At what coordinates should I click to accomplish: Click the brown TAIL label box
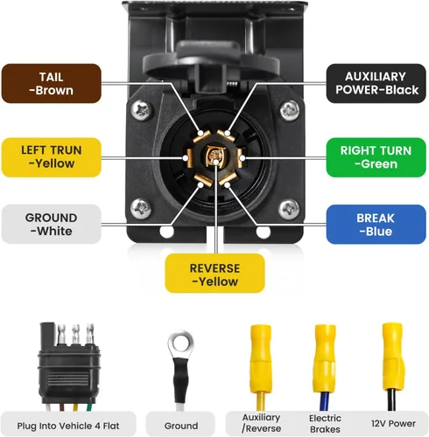[52, 84]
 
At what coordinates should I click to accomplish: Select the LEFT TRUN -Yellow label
[52, 157]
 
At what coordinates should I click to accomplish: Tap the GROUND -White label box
[52, 225]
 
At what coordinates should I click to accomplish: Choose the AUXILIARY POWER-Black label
[376, 83]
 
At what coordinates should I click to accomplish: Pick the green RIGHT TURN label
[376, 157]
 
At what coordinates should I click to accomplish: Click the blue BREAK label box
[376, 225]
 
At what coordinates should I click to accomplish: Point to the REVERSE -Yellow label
[214, 274]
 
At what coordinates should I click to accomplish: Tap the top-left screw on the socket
[142, 110]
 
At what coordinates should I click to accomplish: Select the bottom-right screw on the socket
[289, 209]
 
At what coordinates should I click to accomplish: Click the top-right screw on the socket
[290, 110]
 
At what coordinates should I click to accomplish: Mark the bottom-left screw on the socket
[141, 209]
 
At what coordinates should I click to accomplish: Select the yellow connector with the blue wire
[325, 367]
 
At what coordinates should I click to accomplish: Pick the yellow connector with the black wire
[393, 366]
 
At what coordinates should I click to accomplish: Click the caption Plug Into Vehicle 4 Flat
[68, 426]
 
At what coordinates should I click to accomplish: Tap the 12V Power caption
[393, 424]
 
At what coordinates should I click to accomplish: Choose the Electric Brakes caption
[325, 424]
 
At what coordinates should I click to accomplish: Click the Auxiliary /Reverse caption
[261, 423]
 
